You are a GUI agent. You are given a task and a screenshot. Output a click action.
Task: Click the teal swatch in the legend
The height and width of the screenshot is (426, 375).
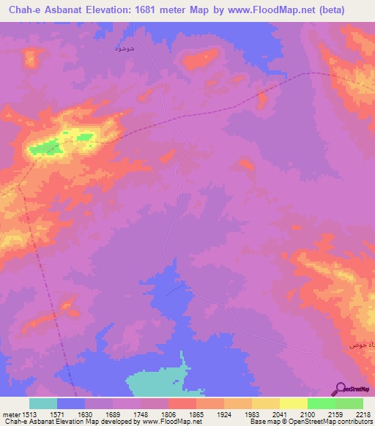[x=43, y=403]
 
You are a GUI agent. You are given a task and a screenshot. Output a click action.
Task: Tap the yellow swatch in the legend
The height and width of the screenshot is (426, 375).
[x=293, y=403]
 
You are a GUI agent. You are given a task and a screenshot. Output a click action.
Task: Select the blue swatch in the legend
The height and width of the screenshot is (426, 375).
[x=71, y=403]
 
